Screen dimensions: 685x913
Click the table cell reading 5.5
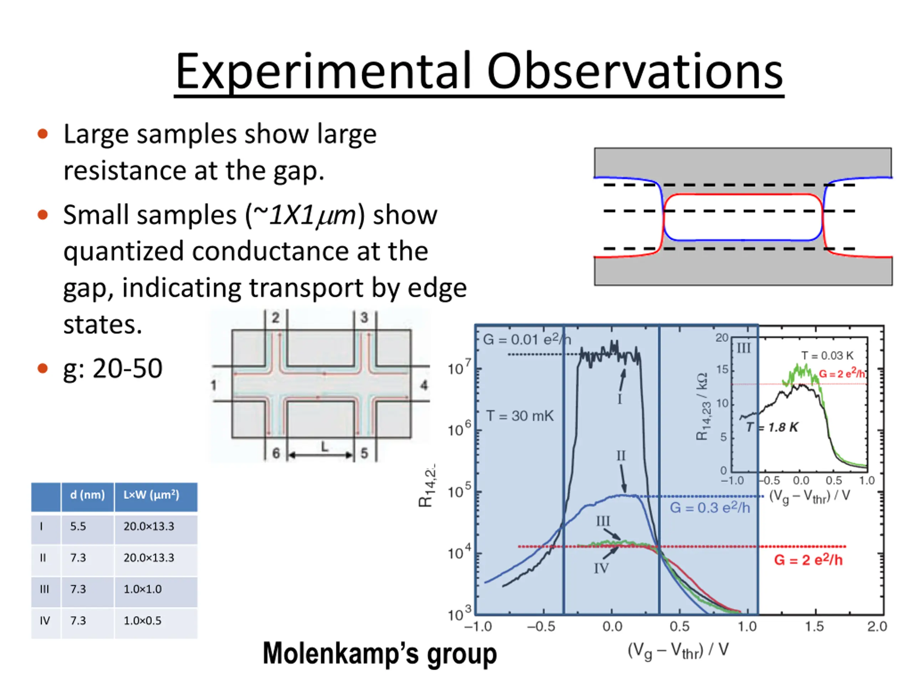pyautogui.click(x=78, y=526)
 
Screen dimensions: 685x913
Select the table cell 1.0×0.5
pyautogui.click(x=142, y=620)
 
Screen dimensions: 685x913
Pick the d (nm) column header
pyautogui.click(x=87, y=494)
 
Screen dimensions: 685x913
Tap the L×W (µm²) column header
pyautogui.click(x=151, y=494)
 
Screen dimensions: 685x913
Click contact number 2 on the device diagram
pyautogui.click(x=275, y=318)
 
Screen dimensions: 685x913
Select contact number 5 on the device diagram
pyautogui.click(x=364, y=453)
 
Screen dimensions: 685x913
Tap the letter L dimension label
pyautogui.click(x=325, y=446)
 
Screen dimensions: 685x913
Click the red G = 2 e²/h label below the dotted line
pyautogui.click(x=808, y=560)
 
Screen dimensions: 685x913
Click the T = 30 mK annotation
pyautogui.click(x=520, y=416)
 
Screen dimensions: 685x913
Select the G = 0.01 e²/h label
pyautogui.click(x=527, y=339)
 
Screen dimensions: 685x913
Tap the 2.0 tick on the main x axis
pyautogui.click(x=877, y=627)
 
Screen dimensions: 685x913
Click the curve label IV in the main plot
pyautogui.click(x=601, y=569)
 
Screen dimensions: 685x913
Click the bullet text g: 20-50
pyautogui.click(x=113, y=368)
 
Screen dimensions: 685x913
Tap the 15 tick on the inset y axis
pyautogui.click(x=722, y=370)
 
